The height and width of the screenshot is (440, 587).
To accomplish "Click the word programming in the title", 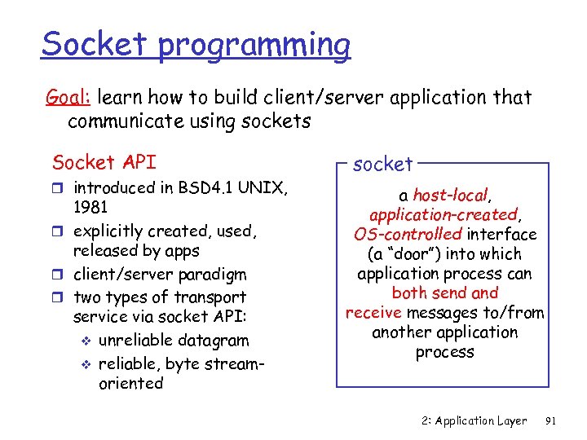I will (x=254, y=45).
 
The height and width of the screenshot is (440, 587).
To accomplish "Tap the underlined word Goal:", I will (x=68, y=99).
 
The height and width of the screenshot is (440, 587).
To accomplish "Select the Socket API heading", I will (x=104, y=162).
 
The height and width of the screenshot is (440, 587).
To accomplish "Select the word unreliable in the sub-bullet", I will (x=143, y=341).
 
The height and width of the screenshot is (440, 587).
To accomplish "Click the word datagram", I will (x=218, y=341).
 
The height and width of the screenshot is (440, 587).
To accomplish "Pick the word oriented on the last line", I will (x=131, y=383).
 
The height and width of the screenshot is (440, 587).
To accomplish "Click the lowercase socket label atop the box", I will (x=383, y=165).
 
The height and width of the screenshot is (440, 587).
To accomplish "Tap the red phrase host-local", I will (x=450, y=196).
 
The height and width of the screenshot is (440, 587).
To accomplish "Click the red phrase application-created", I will (x=443, y=215).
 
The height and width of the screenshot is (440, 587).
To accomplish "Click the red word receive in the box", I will (x=373, y=313).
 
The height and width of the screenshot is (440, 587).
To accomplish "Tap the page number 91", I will (x=550, y=421).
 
